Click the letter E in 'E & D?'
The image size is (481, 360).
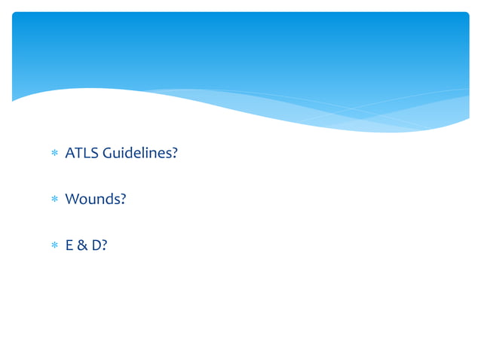69,245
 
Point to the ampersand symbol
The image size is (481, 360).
81,245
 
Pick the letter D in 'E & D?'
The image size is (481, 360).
95,245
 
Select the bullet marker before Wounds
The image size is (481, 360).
54,200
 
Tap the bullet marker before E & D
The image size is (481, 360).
54,246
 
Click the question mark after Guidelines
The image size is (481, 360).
174,154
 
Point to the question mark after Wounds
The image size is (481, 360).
122,200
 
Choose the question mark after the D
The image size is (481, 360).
104,245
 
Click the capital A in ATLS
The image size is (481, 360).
70,154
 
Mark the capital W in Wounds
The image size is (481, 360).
72,200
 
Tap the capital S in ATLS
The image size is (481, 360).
93,154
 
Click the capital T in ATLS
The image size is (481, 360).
78,154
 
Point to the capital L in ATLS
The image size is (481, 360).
86,154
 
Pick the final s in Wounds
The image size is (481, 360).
115,200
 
